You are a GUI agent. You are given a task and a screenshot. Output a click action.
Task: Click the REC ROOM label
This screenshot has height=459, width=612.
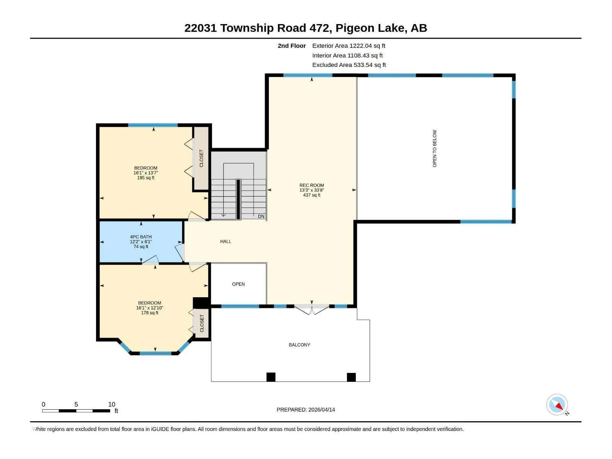[x=311, y=186]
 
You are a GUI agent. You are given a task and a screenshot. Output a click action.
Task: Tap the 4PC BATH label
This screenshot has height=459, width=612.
[x=141, y=237]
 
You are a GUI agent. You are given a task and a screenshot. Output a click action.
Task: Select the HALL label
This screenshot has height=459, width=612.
[x=226, y=241]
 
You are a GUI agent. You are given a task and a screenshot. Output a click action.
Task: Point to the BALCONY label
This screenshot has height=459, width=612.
[x=299, y=345]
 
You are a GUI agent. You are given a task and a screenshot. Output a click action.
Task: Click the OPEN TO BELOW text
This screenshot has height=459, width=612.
[x=435, y=148]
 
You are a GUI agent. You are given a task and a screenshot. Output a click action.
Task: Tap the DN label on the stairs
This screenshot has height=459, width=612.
[x=261, y=216]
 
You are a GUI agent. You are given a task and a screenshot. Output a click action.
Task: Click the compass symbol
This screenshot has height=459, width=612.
[x=557, y=404]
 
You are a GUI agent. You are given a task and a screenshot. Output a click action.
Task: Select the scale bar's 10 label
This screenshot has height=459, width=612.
[x=112, y=404]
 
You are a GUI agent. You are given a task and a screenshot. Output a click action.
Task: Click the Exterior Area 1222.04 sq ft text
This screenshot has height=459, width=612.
[x=348, y=46]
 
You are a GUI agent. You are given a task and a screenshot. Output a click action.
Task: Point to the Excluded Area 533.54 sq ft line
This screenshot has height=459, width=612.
[x=349, y=65]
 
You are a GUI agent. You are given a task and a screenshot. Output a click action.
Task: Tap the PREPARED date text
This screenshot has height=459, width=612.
[x=306, y=410]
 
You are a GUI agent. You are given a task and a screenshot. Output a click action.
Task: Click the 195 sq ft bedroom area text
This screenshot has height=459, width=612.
[x=146, y=178]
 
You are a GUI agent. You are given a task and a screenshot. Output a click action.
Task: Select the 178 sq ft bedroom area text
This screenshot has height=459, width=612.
[x=150, y=313]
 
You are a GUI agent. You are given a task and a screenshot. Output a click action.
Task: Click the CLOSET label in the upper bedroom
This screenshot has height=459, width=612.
[x=201, y=158]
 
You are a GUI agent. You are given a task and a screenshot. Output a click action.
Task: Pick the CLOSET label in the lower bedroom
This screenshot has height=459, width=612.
[x=202, y=323]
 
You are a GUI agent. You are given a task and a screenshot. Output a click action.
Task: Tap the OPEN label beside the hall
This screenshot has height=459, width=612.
[x=238, y=284]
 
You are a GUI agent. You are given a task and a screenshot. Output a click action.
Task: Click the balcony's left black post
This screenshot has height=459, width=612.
[x=271, y=377]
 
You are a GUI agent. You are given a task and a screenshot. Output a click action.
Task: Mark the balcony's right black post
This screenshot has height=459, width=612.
[x=351, y=377]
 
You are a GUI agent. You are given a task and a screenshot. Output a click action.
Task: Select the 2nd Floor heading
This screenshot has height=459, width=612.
[x=291, y=46]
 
